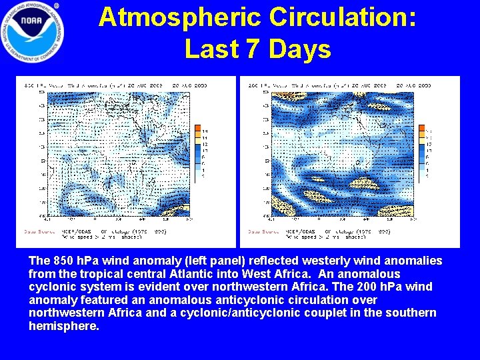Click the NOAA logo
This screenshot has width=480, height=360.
pyautogui.click(x=33, y=31)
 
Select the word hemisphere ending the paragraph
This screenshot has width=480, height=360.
pyautogui.click(x=63, y=326)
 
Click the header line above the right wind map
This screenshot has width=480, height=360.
pyautogui.click(x=340, y=85)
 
